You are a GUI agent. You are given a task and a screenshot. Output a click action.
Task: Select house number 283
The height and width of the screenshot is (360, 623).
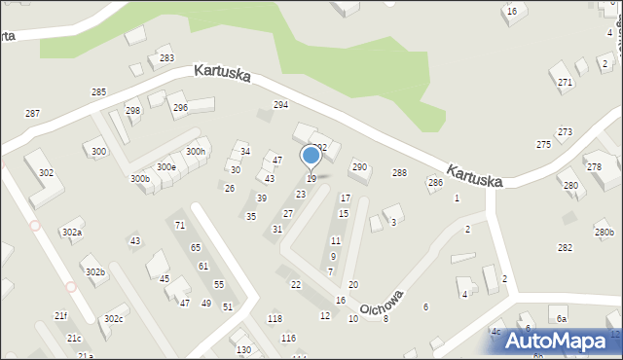pos(167,59)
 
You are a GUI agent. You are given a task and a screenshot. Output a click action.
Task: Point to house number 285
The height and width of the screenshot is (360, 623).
pos(98,91)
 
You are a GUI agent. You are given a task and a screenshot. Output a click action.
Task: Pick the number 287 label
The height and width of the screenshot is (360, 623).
pos(32,114)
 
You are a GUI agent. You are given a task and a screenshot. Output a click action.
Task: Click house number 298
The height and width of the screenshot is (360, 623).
pos(132,111)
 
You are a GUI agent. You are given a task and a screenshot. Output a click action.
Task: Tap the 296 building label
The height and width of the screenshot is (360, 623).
pos(180,108)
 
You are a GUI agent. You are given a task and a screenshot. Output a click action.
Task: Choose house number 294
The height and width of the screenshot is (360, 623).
pos(280,105)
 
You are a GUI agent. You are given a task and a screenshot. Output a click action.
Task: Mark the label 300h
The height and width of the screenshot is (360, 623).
pos(196,152)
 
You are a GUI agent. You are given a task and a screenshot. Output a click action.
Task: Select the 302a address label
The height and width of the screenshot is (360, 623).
pos(71,233)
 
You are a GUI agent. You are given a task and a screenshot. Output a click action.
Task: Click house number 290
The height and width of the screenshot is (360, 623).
pos(359,167)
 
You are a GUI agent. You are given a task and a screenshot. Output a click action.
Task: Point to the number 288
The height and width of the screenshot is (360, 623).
pos(399,173)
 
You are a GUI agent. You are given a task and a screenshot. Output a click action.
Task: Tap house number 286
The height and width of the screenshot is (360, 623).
pos(435,183)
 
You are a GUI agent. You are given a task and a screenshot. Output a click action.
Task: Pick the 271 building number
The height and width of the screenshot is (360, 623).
pos(565,83)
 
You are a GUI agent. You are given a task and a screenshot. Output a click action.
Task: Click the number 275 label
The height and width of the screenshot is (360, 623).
pos(543,144)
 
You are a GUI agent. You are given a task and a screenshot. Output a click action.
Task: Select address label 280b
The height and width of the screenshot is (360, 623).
pos(605,233)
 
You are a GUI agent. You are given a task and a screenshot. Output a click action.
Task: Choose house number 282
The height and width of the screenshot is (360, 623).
pos(565,248)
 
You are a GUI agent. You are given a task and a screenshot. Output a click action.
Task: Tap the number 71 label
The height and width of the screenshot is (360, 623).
pos(179,226)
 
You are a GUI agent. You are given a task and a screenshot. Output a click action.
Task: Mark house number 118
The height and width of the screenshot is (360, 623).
pos(275,319)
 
